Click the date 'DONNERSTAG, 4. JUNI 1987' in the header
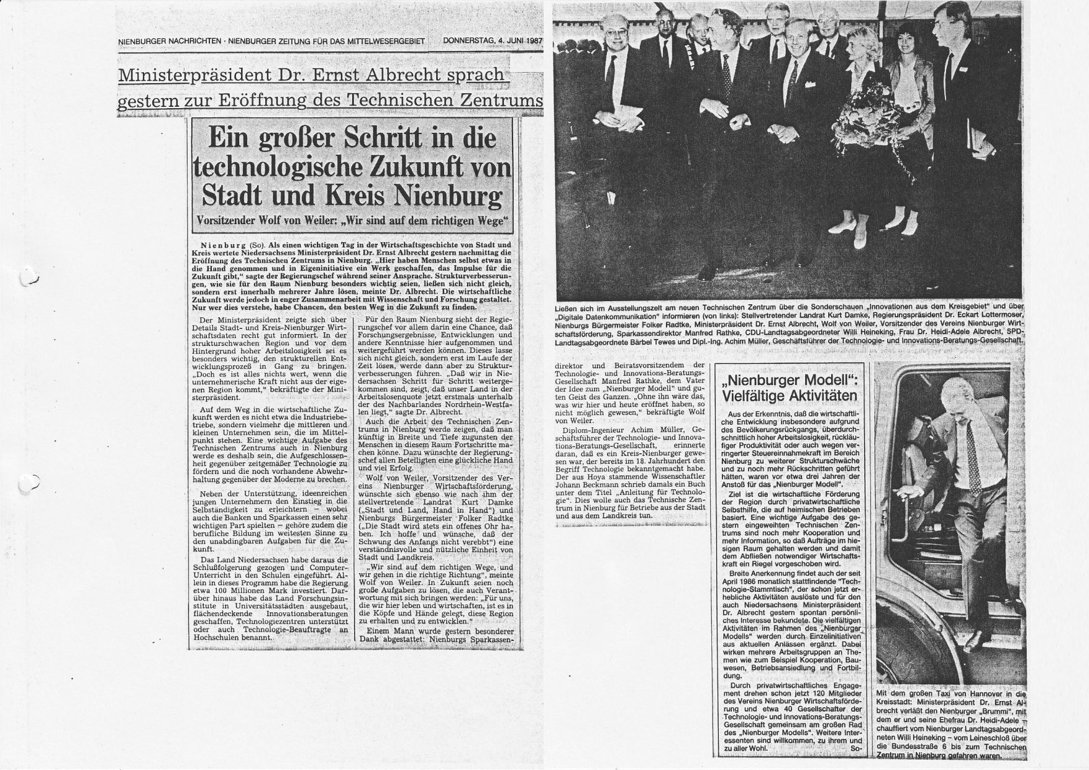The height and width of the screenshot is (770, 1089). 493,40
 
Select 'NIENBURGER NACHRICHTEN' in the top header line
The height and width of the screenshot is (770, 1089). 170,41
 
